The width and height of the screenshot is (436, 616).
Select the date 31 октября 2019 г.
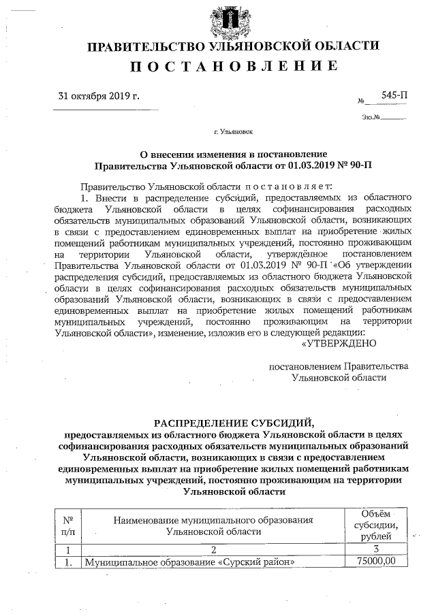click(99, 96)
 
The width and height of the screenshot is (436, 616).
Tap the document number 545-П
click(395, 96)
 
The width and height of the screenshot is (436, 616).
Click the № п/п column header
click(68, 525)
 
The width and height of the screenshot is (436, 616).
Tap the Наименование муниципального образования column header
click(213, 525)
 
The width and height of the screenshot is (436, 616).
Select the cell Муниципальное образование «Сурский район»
click(190, 562)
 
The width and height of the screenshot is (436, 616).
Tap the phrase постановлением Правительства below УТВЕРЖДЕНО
click(339, 366)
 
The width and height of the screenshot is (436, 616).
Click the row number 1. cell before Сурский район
click(68, 562)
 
